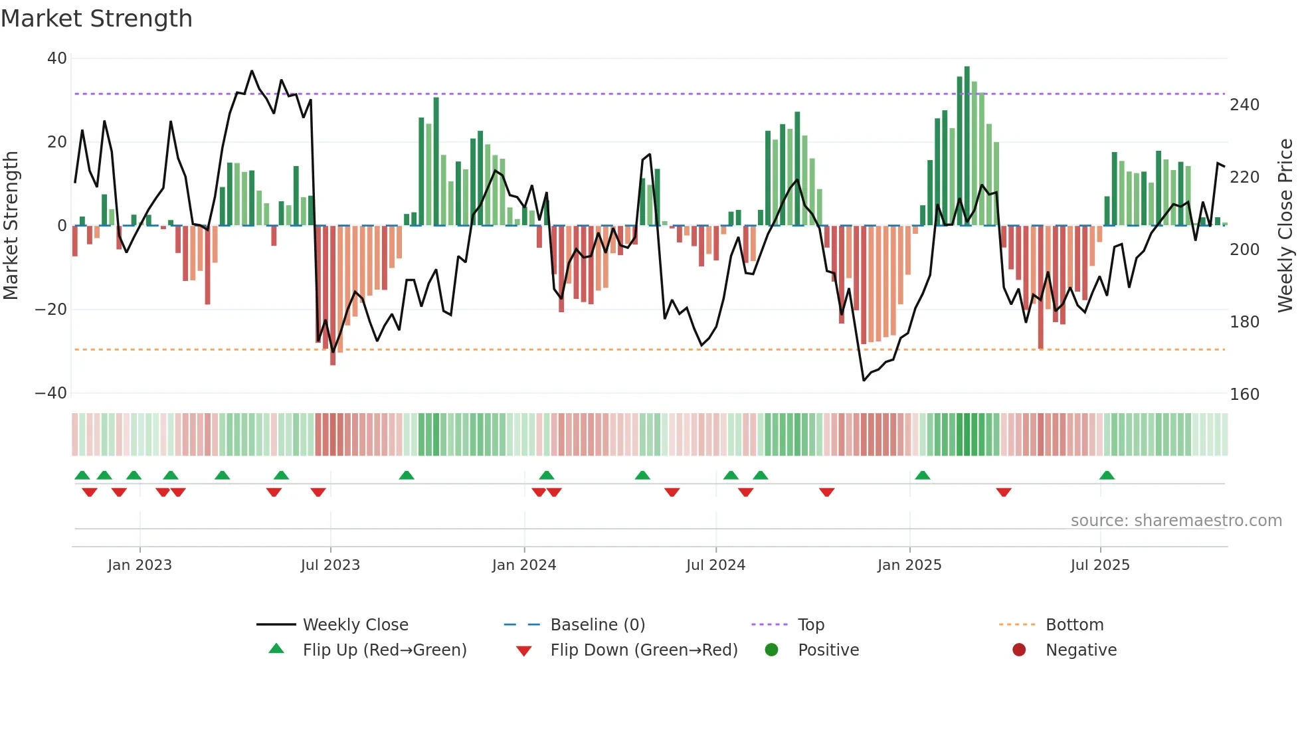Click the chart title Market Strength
pos(96,19)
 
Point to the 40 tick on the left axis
pos(57,58)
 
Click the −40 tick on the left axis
pos(51,393)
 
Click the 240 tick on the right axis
pos(1244,105)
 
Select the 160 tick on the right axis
pos(1244,395)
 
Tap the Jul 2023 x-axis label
pos(330,565)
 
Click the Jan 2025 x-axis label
pos(909,565)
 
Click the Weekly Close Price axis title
pos(1285,226)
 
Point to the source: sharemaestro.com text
pos(1176,521)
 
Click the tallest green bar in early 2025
pos(967,146)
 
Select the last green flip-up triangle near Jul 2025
pos(1107,475)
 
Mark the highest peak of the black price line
pos(252,71)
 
